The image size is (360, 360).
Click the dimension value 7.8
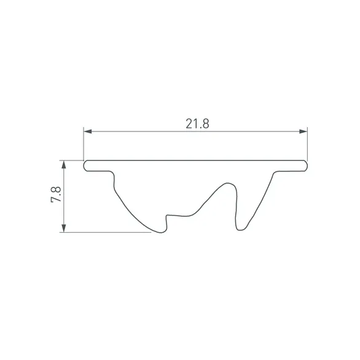tap(55, 197)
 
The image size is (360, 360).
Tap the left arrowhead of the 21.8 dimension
tap(88, 131)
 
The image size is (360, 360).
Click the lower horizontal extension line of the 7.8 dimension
tap(104, 232)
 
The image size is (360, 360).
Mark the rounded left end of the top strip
tap(85, 165)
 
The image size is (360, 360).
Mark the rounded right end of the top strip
tap(305, 165)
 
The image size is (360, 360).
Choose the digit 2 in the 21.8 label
tap(189, 123)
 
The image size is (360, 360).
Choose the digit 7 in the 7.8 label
tap(55, 202)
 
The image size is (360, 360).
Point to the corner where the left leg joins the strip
tap(114, 171)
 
